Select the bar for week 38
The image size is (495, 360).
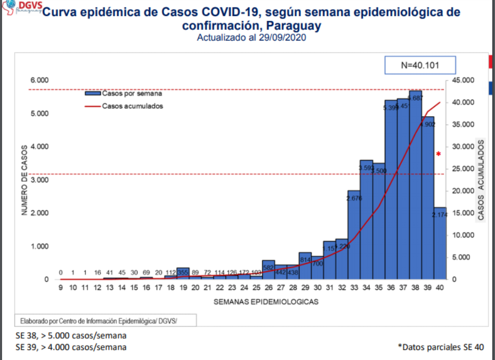[x=416, y=187]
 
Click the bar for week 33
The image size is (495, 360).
[x=354, y=235]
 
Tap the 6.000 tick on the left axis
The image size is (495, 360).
[x=39, y=80]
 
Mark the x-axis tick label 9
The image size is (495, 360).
[x=61, y=288]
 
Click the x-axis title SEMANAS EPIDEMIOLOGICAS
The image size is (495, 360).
[x=266, y=302]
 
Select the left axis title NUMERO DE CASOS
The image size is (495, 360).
[x=25, y=180]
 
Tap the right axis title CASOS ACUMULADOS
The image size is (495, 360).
[x=481, y=180]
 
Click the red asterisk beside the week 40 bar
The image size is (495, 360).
[x=439, y=155]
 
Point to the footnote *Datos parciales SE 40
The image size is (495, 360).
[x=441, y=347]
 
